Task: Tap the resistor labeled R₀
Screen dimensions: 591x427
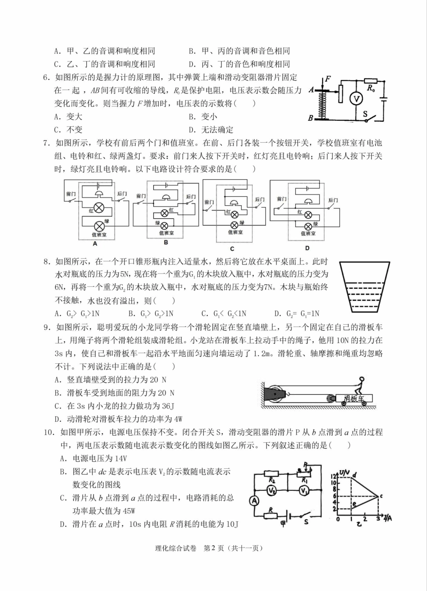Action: tap(370, 80)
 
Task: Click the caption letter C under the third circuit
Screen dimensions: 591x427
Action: tap(232, 248)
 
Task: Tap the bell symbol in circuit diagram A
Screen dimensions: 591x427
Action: tap(98, 193)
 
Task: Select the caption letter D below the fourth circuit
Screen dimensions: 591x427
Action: tap(307, 248)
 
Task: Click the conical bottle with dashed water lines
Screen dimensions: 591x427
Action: tap(365, 287)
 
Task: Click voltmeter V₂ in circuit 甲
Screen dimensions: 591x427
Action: tap(271, 490)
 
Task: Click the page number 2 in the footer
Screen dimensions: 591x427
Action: tap(220, 548)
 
